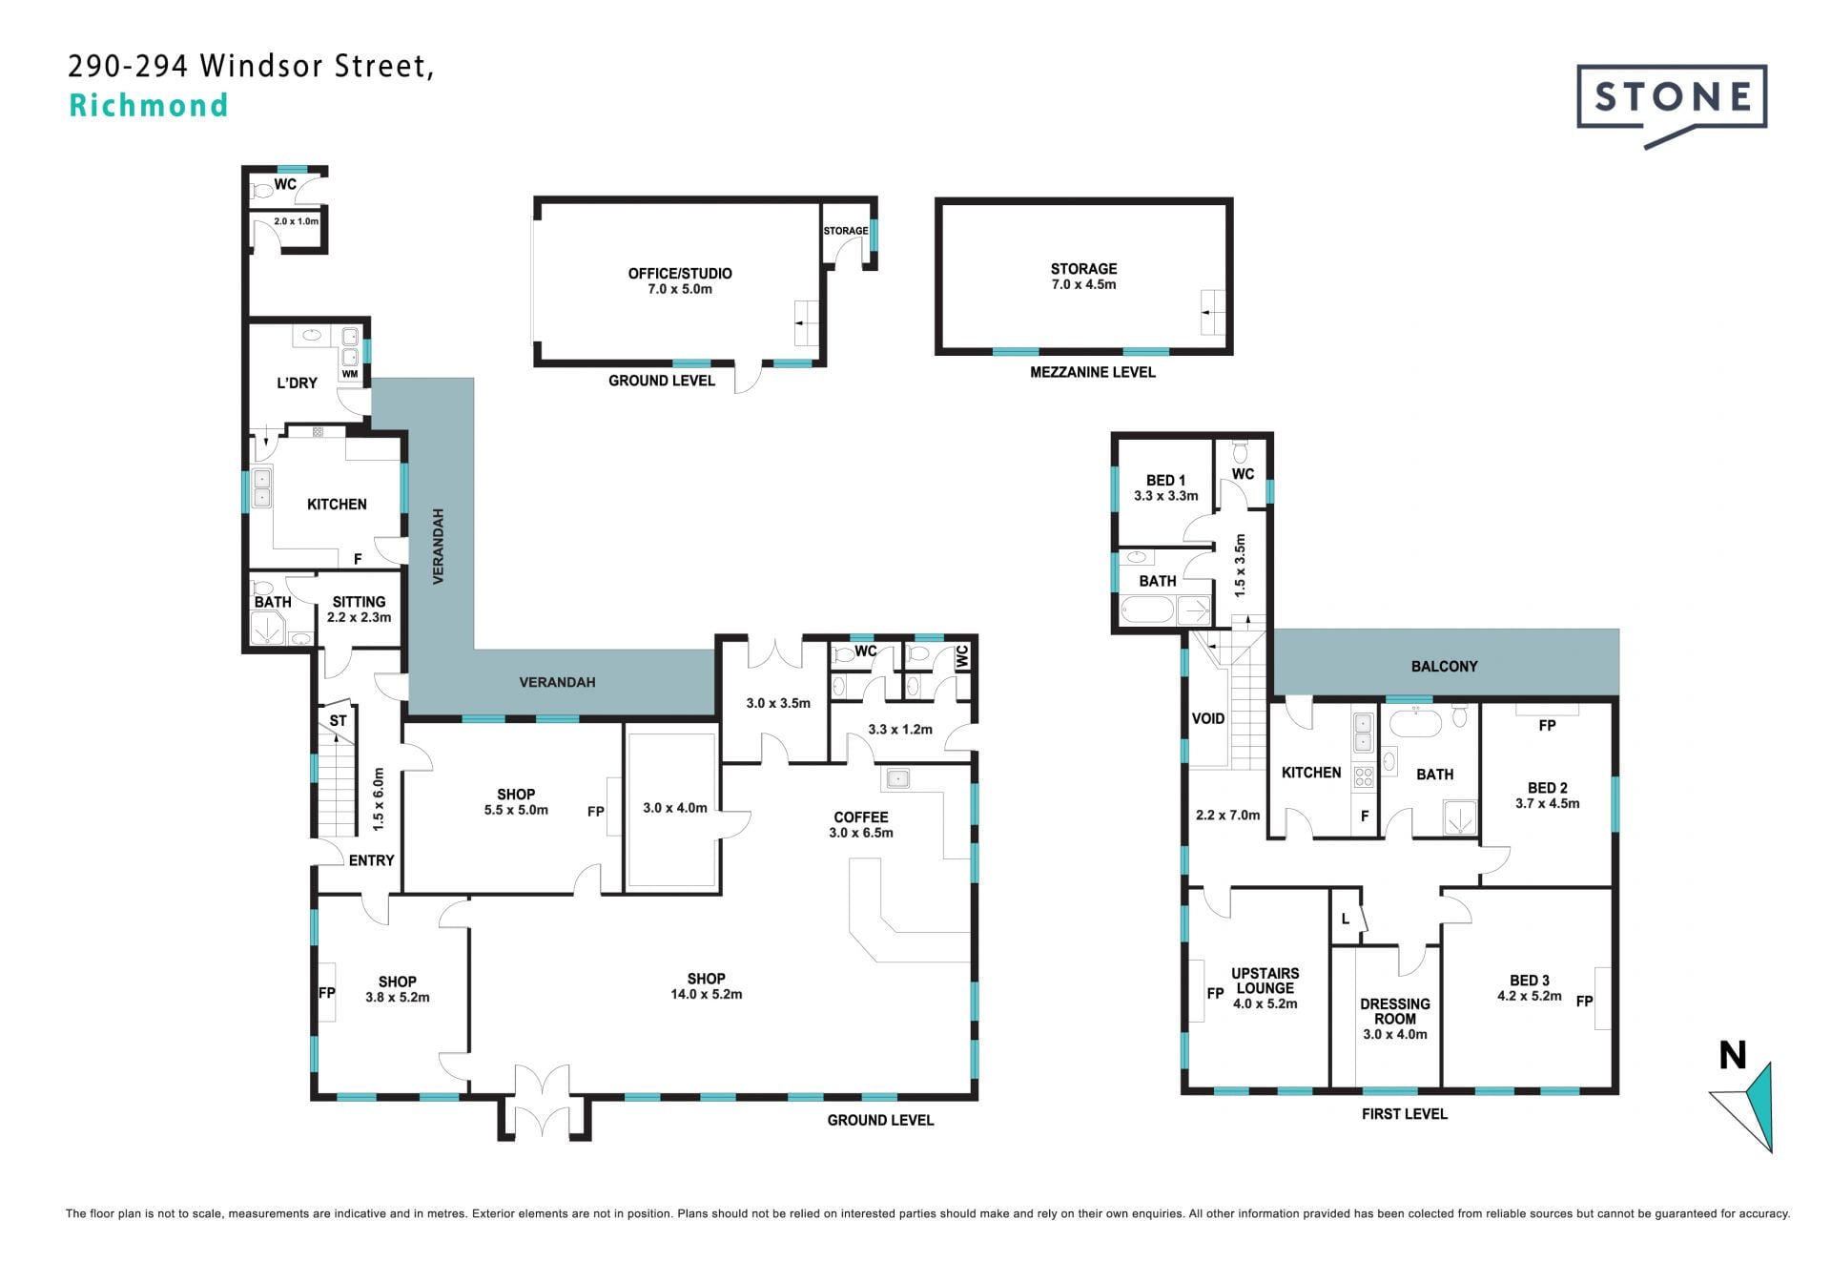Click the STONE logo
tap(1672, 105)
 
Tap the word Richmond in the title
tap(149, 105)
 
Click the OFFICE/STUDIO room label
tap(680, 274)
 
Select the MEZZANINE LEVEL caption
tap(1093, 372)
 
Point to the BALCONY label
tap(1444, 667)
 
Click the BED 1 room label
tap(1165, 481)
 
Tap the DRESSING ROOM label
tap(1395, 1011)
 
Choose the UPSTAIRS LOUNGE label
tap(1265, 981)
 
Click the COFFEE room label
tap(861, 817)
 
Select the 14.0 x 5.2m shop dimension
tap(707, 994)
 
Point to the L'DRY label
tap(297, 383)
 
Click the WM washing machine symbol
tap(350, 374)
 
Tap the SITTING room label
tap(359, 602)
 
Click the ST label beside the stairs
tap(338, 721)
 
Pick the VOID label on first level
tap(1208, 718)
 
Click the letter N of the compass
tap(1733, 1055)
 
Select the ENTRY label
tap(371, 860)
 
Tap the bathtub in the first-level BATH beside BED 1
tap(1147, 610)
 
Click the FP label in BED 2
tap(1547, 725)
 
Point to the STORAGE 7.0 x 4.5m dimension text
tap(1083, 284)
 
